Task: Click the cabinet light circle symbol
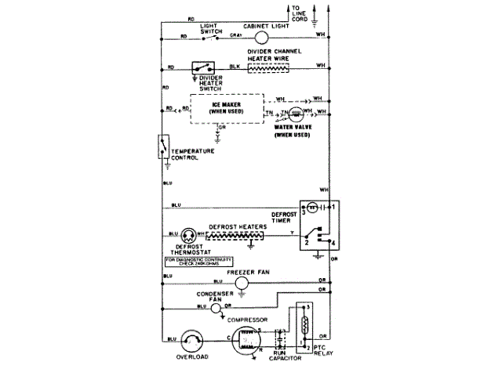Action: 262,37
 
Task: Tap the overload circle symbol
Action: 191,340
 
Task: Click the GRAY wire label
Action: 235,34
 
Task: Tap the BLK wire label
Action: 233,65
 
